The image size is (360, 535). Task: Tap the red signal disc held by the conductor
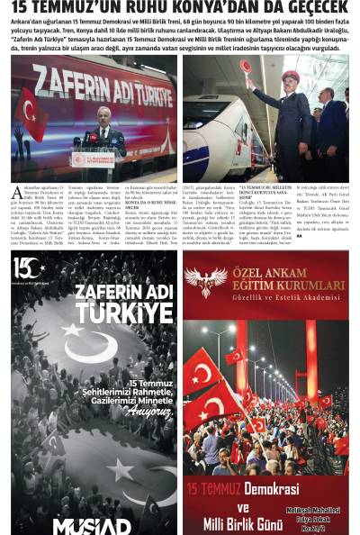(x=246, y=66)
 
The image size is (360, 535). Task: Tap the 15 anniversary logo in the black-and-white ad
(x=28, y=267)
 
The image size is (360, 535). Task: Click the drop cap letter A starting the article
(x=17, y=193)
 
